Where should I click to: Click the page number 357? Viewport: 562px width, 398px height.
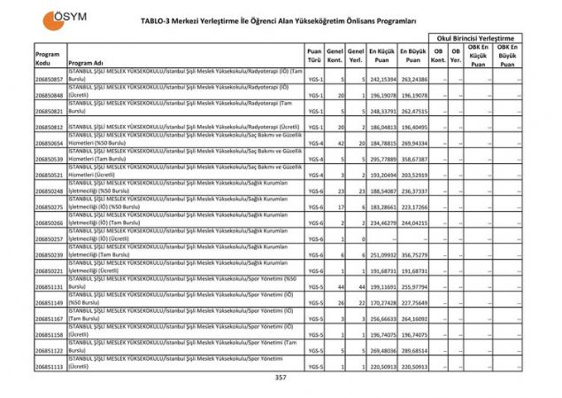(x=281, y=378)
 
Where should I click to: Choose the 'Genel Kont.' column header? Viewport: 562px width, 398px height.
(x=335, y=54)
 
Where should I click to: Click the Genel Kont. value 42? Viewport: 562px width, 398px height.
(x=339, y=144)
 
